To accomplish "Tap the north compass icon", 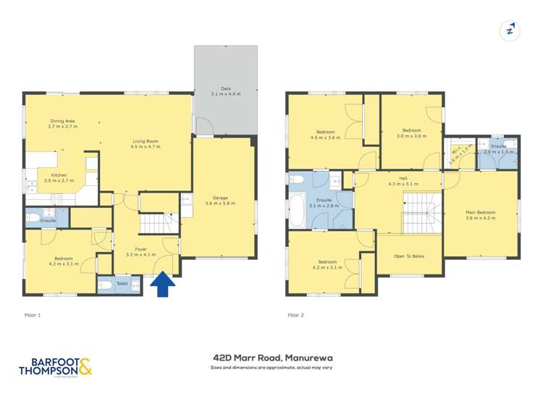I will coord(511,30).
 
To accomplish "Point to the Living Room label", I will coord(146,143).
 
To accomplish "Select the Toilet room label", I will coord(121,284).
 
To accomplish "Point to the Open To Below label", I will coord(408,256).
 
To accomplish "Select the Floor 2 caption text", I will coord(295,315).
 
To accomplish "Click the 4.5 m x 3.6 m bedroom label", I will coord(325,134).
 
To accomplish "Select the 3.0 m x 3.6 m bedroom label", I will coord(411,133).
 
